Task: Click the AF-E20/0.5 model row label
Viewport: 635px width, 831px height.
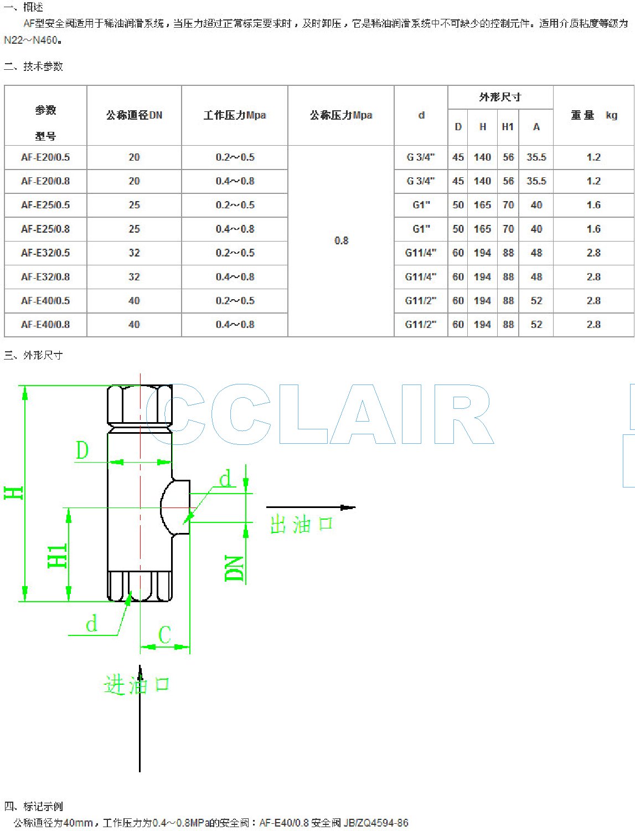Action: [x=45, y=157]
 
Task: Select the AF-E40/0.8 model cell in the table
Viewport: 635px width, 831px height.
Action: [x=45, y=325]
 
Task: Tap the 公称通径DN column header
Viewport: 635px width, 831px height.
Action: [x=134, y=115]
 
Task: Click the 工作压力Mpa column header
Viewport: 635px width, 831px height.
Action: [x=235, y=115]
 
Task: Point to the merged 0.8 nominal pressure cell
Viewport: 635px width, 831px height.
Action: [x=341, y=240]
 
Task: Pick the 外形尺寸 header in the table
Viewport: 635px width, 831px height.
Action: [x=500, y=98]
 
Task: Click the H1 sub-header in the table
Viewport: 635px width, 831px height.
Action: [x=508, y=127]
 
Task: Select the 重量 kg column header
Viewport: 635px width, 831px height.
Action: [x=594, y=115]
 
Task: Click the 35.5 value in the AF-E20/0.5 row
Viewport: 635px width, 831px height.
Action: [x=536, y=157]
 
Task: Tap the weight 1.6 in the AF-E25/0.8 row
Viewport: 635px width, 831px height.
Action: [x=593, y=229]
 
